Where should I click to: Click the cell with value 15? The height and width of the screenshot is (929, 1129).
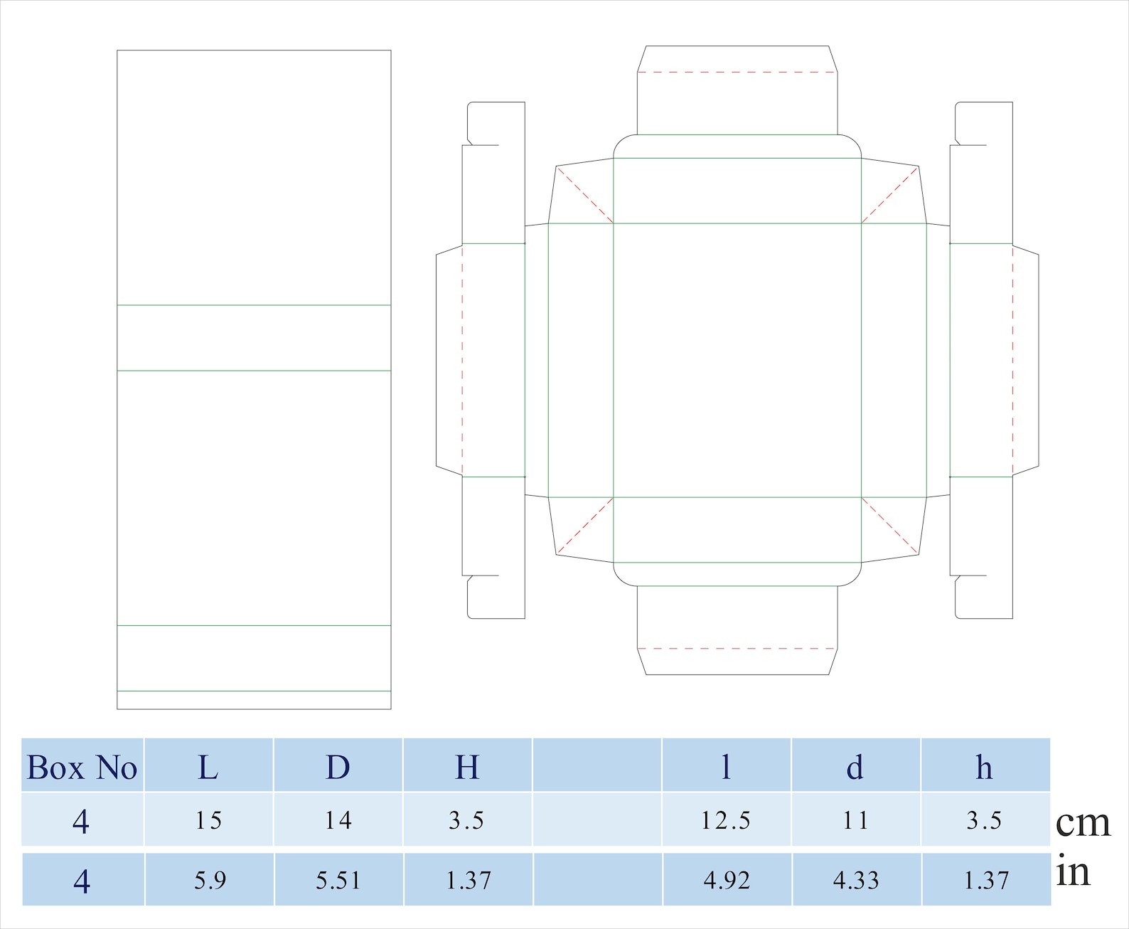point(208,821)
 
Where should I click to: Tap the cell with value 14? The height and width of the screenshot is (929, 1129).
point(338,821)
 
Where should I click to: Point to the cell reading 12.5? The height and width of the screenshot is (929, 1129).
point(725,821)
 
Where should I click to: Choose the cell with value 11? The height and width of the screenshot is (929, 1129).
point(855,821)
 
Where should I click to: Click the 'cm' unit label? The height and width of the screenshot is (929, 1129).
point(1083,822)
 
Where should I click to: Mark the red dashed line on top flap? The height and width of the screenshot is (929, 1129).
point(737,72)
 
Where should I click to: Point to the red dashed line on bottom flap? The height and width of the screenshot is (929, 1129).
point(737,649)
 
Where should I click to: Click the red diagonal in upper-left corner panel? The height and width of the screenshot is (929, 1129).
point(584,195)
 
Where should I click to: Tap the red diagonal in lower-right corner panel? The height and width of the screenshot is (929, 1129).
point(890,526)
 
